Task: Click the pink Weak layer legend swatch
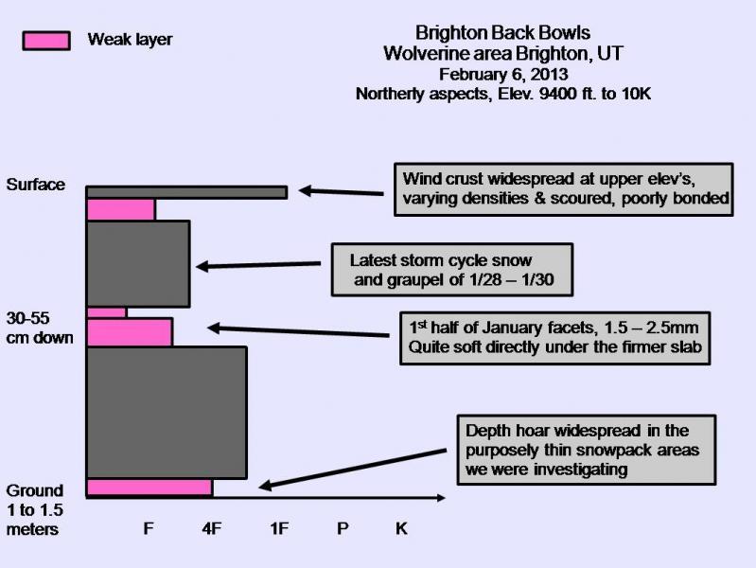click(45, 40)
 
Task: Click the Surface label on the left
click(36, 185)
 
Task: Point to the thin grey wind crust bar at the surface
click(186, 192)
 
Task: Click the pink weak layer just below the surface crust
click(121, 209)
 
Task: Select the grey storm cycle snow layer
click(138, 263)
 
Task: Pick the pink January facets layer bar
click(130, 332)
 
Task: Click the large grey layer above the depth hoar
click(167, 413)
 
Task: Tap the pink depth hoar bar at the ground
click(149, 488)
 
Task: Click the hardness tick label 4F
click(212, 528)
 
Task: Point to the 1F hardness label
click(278, 528)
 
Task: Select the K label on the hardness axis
click(401, 528)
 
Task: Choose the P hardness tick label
click(343, 528)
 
